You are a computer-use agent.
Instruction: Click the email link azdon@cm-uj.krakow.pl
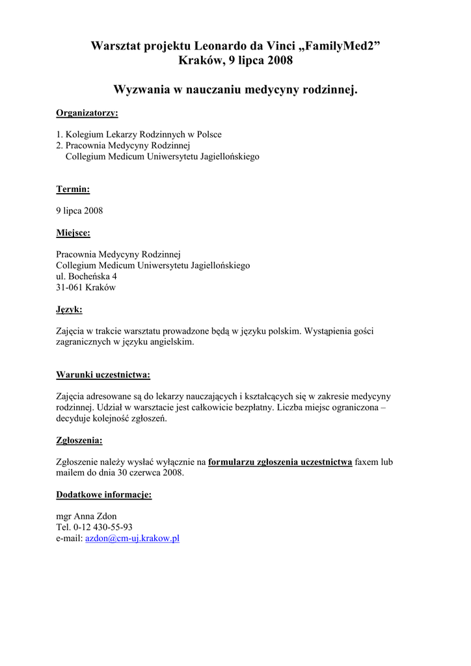tap(132, 539)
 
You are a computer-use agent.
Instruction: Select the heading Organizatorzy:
tap(87, 113)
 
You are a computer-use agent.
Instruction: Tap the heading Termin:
tap(73, 189)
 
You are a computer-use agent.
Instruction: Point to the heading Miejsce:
tap(73, 233)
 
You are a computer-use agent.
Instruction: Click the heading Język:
tap(69, 310)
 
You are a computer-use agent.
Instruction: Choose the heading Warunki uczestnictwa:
tap(103, 375)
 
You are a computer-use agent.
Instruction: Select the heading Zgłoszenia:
tap(79, 440)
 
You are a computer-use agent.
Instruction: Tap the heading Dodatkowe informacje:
tap(103, 495)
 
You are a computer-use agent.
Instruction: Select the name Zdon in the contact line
tap(106, 516)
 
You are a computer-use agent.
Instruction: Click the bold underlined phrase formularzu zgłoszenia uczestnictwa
tap(280, 462)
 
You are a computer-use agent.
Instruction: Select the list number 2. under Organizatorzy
tap(59, 146)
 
